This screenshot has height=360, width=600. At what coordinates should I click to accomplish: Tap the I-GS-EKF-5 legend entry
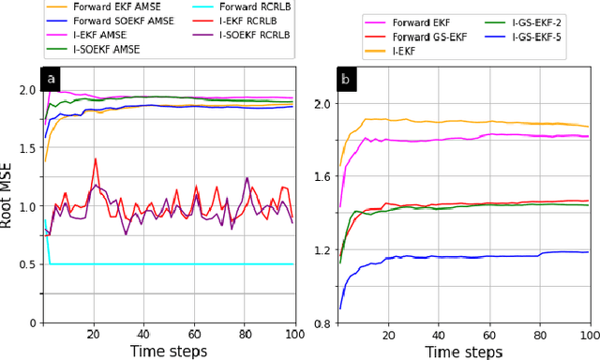(x=541, y=36)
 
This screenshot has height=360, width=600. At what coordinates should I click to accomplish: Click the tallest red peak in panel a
(x=95, y=159)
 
